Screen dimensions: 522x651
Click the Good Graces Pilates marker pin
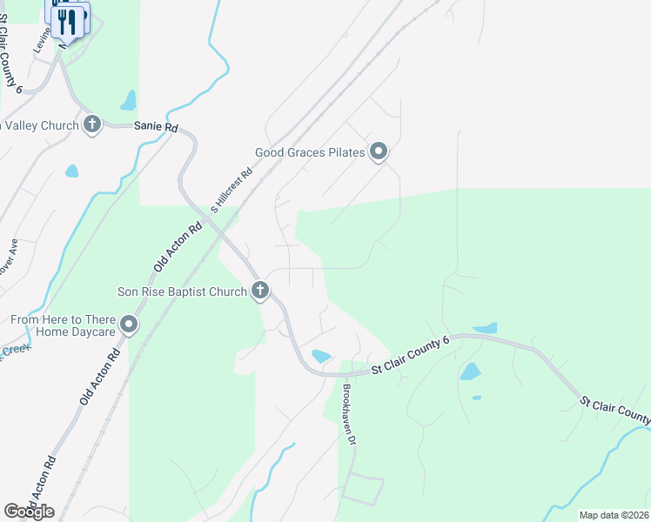379,152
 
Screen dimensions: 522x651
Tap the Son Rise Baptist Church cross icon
259,291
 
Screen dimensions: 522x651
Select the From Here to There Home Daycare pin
130,326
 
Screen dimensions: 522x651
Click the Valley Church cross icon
92,125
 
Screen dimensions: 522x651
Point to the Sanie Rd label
156,127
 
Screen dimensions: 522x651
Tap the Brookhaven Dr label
350,414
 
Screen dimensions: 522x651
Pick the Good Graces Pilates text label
309,153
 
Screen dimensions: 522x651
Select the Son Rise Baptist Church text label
183,292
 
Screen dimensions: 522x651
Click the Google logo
29,511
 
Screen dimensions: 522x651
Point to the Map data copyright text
614,515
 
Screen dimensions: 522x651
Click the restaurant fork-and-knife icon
67,21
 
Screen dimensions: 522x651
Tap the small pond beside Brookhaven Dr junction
320,356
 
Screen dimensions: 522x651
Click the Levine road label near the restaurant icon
42,41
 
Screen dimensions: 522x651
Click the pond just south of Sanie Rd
71,171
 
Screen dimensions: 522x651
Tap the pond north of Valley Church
129,101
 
